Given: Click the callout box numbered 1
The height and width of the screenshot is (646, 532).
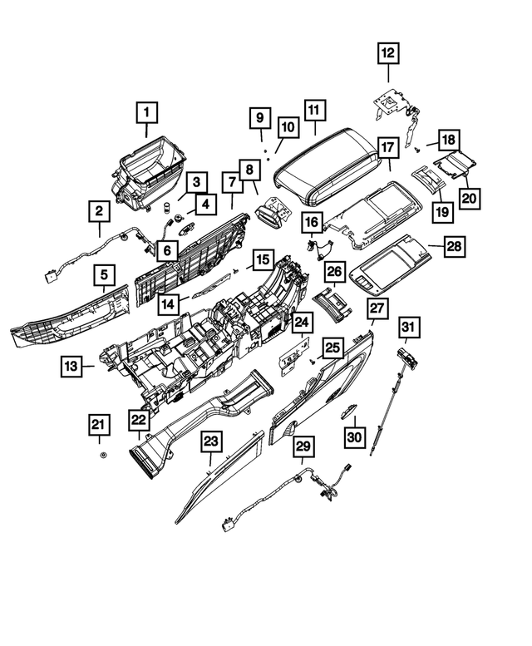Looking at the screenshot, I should [147, 111].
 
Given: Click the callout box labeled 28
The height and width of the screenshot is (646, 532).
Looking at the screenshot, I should [454, 246].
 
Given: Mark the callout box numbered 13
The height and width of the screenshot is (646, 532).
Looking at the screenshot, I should [71, 365].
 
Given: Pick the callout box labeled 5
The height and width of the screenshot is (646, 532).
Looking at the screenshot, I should [105, 274].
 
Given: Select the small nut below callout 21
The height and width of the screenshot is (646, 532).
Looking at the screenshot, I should [101, 458].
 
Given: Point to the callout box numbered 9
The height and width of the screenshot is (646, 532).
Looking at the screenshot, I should [258, 118].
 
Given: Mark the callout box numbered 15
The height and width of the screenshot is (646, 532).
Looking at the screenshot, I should [263, 260].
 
